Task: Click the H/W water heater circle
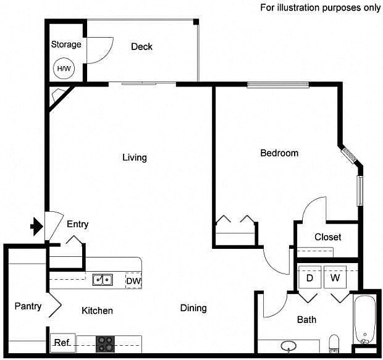pyautogui.click(x=64, y=68)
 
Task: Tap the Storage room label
pyautogui.click(x=65, y=44)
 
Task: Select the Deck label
pyautogui.click(x=141, y=47)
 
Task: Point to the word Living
pyautogui.click(x=134, y=157)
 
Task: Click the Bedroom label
pyautogui.click(x=279, y=153)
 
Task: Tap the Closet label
pyautogui.click(x=327, y=237)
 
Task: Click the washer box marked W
pyautogui.click(x=335, y=278)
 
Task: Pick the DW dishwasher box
pyautogui.click(x=133, y=281)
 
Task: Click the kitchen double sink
pyautogui.click(x=103, y=280)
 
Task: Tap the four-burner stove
pyautogui.click(x=104, y=344)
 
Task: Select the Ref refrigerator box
pyautogui.click(x=62, y=343)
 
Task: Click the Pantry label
pyautogui.click(x=28, y=306)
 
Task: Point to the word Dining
pyautogui.click(x=193, y=308)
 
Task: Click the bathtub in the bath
pyautogui.click(x=364, y=320)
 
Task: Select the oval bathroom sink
pyautogui.click(x=288, y=345)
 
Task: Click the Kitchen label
pyautogui.click(x=97, y=311)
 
